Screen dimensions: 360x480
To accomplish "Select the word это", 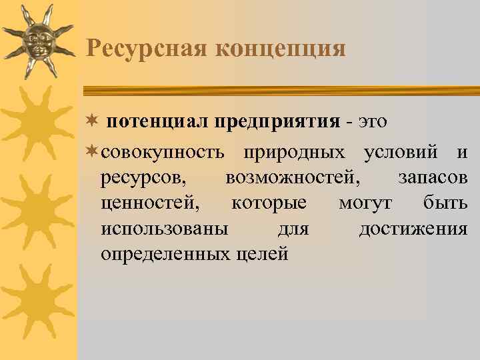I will click(373, 123).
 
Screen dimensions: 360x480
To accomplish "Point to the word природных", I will click(294, 153).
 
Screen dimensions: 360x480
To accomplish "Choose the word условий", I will click(401, 153).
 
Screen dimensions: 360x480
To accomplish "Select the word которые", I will click(269, 204).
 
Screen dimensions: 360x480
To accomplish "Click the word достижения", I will click(413, 229).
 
